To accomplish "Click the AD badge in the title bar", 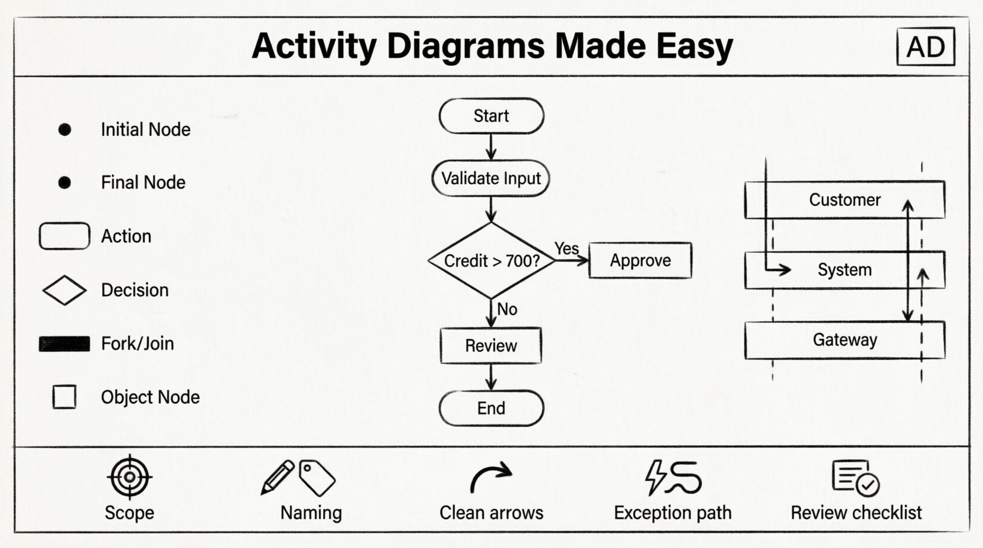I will click(x=925, y=47).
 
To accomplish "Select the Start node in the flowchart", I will click(x=491, y=116).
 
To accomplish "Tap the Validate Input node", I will click(x=491, y=178).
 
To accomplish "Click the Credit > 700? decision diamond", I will click(x=491, y=260).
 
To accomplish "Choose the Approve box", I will click(x=640, y=260).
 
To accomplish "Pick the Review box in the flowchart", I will click(x=491, y=345).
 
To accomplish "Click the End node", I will click(x=491, y=408).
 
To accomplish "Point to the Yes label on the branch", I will click(x=567, y=249).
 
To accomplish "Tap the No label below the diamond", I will click(x=507, y=309).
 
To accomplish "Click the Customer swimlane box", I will click(x=844, y=200).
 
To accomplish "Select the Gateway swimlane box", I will click(x=844, y=340).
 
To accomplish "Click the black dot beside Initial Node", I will click(x=65, y=129).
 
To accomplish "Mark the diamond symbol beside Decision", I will click(x=64, y=290).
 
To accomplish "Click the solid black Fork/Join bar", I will click(x=64, y=344).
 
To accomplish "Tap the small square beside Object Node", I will click(x=64, y=397).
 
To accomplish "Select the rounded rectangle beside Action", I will click(x=64, y=236).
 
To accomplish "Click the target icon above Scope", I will click(x=130, y=477).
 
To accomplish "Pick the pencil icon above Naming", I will click(x=278, y=477).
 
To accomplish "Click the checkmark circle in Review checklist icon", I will click(x=867, y=485).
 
